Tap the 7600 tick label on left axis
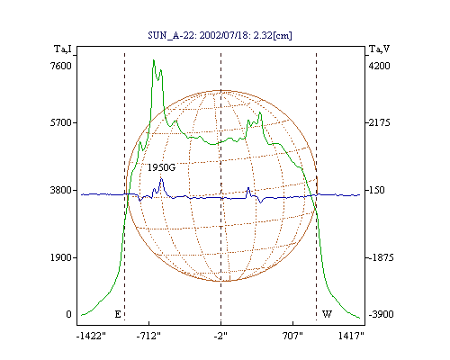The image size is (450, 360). (x=61, y=66)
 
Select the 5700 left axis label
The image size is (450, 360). (x=61, y=122)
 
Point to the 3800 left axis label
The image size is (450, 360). (x=61, y=190)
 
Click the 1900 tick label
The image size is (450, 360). (x=61, y=257)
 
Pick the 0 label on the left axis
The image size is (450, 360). (x=69, y=314)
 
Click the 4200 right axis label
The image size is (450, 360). (x=379, y=66)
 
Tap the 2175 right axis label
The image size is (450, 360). (x=380, y=122)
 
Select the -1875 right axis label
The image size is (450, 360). (x=381, y=257)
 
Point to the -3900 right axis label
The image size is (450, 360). (x=381, y=314)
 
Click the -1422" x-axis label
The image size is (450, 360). (x=91, y=336)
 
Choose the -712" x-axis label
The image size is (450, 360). (x=148, y=336)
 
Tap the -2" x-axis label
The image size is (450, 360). (x=220, y=336)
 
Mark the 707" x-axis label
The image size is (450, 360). (x=292, y=336)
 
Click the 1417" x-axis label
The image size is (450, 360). (x=351, y=336)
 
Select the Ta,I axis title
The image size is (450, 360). (x=63, y=49)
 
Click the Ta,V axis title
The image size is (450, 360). (x=380, y=49)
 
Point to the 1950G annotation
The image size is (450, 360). (x=161, y=167)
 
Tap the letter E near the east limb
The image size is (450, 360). (x=118, y=314)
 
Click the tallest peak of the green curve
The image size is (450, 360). (x=154, y=60)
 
